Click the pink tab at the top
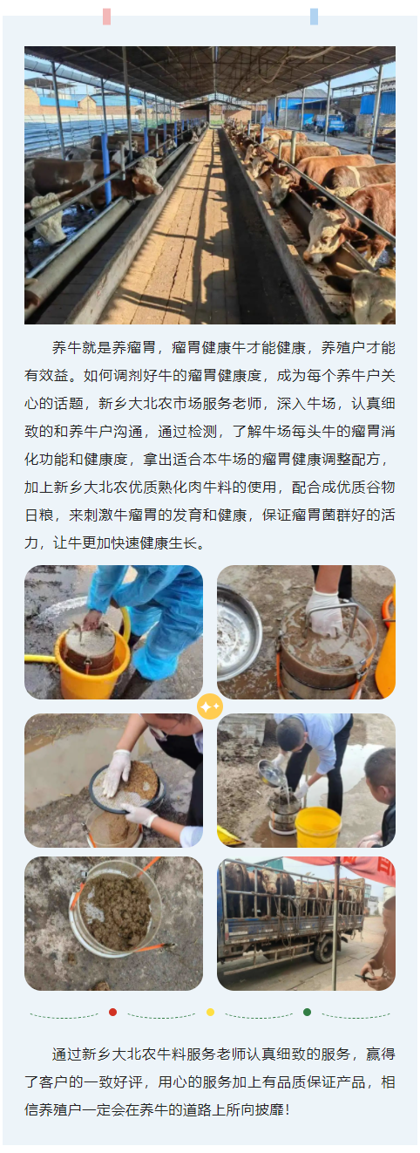click(x=106, y=17)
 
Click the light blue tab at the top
click(x=314, y=17)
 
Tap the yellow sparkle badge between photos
click(x=210, y=706)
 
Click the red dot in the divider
click(x=112, y=1012)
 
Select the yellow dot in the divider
click(x=210, y=1012)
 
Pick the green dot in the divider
click(x=307, y=1012)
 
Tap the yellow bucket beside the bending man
click(x=318, y=827)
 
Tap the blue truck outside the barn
click(x=329, y=124)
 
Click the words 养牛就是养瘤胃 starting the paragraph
click(x=104, y=347)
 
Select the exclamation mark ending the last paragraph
click(x=287, y=1109)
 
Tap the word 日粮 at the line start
click(x=39, y=515)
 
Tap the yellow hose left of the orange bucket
click(x=42, y=658)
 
